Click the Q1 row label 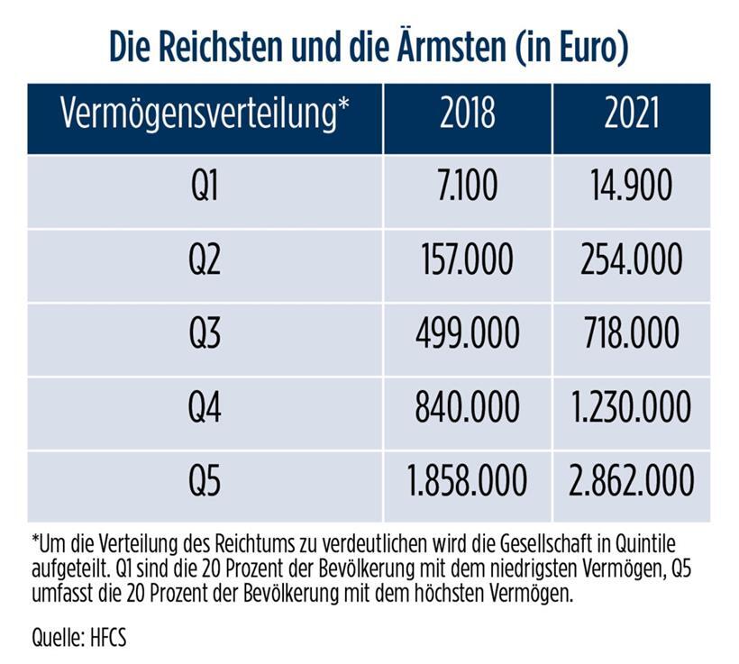205,187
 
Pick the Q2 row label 205,261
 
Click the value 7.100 467,187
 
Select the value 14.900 631,187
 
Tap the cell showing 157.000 467,261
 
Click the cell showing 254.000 631,261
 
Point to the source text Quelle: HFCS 78,639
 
